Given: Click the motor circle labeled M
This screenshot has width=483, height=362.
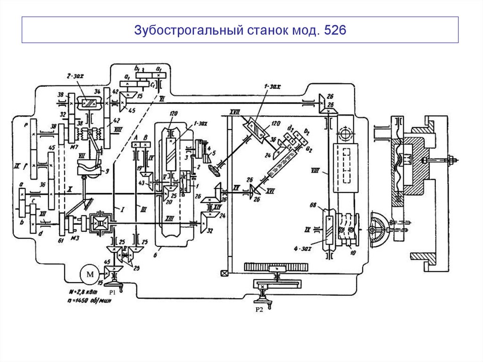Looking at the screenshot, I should (88, 274).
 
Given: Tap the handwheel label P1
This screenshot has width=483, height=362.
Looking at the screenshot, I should (112, 293).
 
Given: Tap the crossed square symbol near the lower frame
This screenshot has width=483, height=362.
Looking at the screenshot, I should (224, 273).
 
